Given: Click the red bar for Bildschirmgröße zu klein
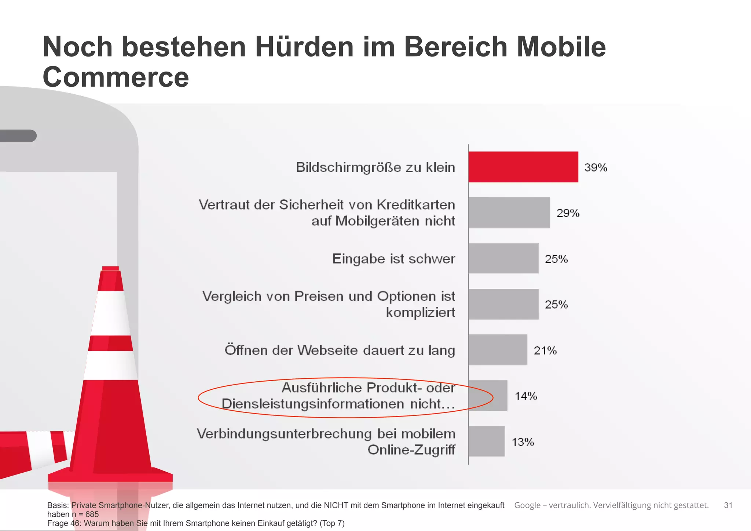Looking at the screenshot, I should pyautogui.click(x=523, y=167).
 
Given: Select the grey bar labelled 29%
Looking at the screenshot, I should pyautogui.click(x=509, y=212).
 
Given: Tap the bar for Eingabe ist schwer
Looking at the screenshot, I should pyautogui.click(x=503, y=258).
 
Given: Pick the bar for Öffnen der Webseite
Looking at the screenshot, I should pyautogui.click(x=498, y=350).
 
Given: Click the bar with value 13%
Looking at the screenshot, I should pyautogui.click(x=486, y=441).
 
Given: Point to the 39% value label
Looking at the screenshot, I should pyautogui.click(x=596, y=167).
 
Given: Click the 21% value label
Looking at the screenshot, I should pyautogui.click(x=545, y=350).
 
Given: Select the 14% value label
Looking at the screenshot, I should pyautogui.click(x=525, y=396).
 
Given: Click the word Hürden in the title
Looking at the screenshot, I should pyautogui.click(x=304, y=47).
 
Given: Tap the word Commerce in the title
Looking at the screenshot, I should pyautogui.click(x=116, y=77).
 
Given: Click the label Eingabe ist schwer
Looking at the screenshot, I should pyautogui.click(x=393, y=259).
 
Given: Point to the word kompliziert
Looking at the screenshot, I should pyautogui.click(x=420, y=312).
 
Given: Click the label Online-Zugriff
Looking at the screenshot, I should pyautogui.click(x=411, y=450).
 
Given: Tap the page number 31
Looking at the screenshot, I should pyautogui.click(x=728, y=505).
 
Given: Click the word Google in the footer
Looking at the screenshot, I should pyautogui.click(x=527, y=505).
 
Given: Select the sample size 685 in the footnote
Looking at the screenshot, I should pyautogui.click(x=92, y=514).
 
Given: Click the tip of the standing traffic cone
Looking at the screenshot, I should pyautogui.click(x=110, y=269).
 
